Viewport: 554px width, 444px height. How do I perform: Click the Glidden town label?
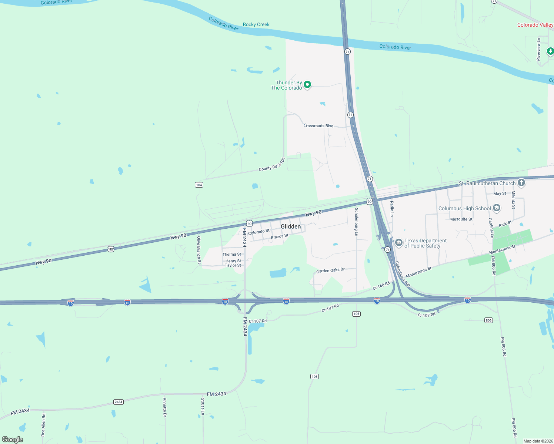(x=291, y=226)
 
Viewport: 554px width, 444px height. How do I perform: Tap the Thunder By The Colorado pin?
(x=307, y=85)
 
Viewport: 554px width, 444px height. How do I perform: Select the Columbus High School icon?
(x=497, y=208)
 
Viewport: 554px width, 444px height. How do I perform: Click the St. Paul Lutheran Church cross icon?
(x=521, y=182)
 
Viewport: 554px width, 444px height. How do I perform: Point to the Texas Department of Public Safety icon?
(x=399, y=243)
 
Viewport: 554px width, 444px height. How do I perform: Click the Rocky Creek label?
(x=256, y=25)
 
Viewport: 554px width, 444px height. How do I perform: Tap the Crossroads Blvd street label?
(x=318, y=126)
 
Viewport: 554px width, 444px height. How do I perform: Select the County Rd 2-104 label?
(x=272, y=164)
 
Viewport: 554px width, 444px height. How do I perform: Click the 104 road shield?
(x=199, y=185)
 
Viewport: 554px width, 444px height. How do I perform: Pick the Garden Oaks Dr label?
(x=330, y=270)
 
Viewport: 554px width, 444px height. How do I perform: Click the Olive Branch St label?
(x=199, y=250)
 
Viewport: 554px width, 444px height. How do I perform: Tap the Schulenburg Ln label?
(x=356, y=222)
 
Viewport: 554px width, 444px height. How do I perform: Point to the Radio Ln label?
(x=392, y=209)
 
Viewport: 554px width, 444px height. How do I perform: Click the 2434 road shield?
(x=119, y=402)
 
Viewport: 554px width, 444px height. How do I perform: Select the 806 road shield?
(x=489, y=320)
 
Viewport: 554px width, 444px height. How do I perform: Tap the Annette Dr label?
(x=165, y=407)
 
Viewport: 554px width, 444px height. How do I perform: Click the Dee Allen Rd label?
(x=43, y=425)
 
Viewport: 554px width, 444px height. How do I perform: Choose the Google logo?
(x=13, y=440)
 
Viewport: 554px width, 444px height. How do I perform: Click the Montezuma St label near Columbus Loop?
(x=418, y=272)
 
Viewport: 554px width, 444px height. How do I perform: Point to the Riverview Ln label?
(x=538, y=49)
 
